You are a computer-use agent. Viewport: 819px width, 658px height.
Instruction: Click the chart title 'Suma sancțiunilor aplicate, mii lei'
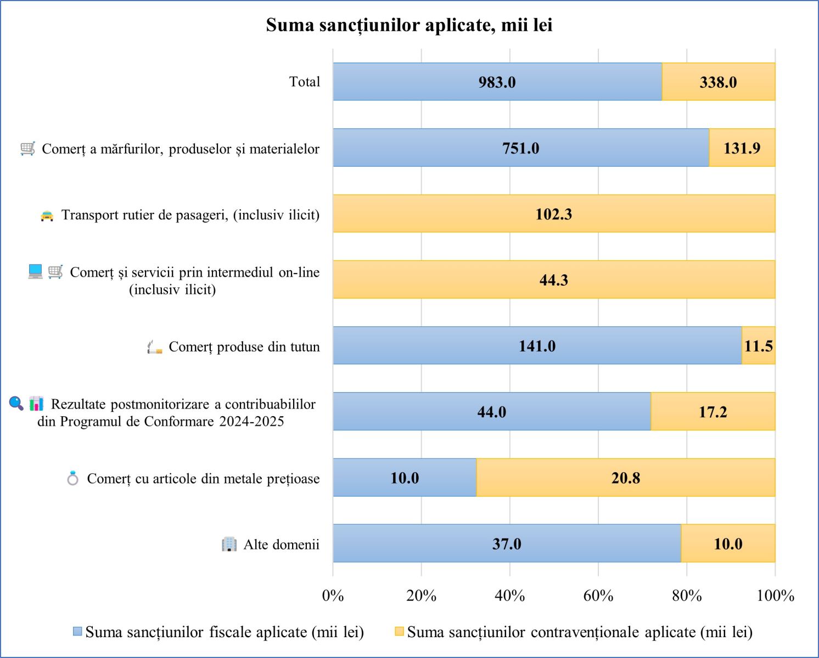click(409, 25)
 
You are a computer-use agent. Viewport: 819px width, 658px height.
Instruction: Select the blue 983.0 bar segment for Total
click(497, 82)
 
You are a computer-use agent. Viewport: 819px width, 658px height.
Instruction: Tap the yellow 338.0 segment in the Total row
click(718, 82)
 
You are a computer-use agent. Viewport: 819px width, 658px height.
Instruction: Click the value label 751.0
click(520, 148)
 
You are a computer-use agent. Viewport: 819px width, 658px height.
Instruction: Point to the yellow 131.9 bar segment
click(742, 148)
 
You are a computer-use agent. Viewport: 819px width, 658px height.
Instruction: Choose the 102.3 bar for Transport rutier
click(553, 214)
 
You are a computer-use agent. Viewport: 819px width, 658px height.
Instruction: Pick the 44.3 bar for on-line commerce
click(553, 280)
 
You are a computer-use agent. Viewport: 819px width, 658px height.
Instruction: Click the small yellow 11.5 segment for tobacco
click(758, 345)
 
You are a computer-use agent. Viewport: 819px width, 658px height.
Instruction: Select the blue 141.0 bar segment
click(537, 345)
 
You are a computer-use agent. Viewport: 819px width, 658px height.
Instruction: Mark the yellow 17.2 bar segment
click(713, 411)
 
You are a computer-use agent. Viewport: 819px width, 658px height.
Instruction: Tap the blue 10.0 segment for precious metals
click(405, 478)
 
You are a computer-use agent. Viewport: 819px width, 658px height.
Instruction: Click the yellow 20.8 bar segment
click(625, 478)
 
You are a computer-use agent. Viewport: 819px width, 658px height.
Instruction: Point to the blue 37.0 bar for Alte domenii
click(506, 543)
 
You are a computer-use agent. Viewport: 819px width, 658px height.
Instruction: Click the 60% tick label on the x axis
click(598, 595)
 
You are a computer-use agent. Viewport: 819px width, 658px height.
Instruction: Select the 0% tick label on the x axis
click(333, 595)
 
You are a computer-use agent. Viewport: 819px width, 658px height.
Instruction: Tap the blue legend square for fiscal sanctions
click(78, 632)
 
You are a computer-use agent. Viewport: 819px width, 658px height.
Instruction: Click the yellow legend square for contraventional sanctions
click(399, 632)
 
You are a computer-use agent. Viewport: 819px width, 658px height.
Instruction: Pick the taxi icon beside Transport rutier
click(47, 215)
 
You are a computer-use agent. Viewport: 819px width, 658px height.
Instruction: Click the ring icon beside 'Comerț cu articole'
click(72, 478)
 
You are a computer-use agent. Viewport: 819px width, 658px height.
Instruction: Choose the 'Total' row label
click(304, 82)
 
